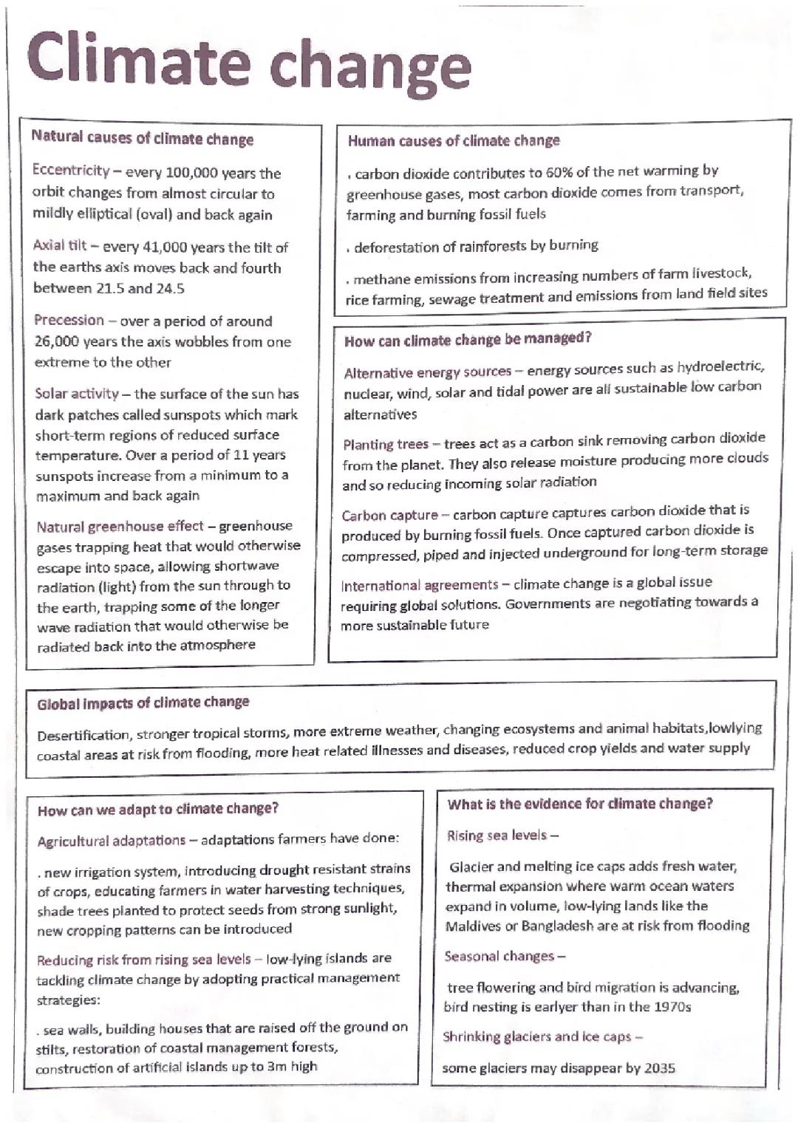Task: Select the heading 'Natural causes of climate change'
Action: coord(142,138)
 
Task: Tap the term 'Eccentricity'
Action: coord(70,171)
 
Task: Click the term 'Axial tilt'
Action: coord(59,246)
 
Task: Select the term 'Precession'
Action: coord(69,321)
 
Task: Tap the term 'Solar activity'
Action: coord(77,394)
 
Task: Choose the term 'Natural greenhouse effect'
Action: coord(120,527)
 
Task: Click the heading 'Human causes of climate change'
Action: coord(453,140)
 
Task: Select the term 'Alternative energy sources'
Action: coord(427,372)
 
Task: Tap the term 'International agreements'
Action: coord(419,585)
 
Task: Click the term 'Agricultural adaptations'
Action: coord(111,841)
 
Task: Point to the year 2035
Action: coord(659,1068)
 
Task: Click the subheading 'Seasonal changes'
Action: coord(499,956)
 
